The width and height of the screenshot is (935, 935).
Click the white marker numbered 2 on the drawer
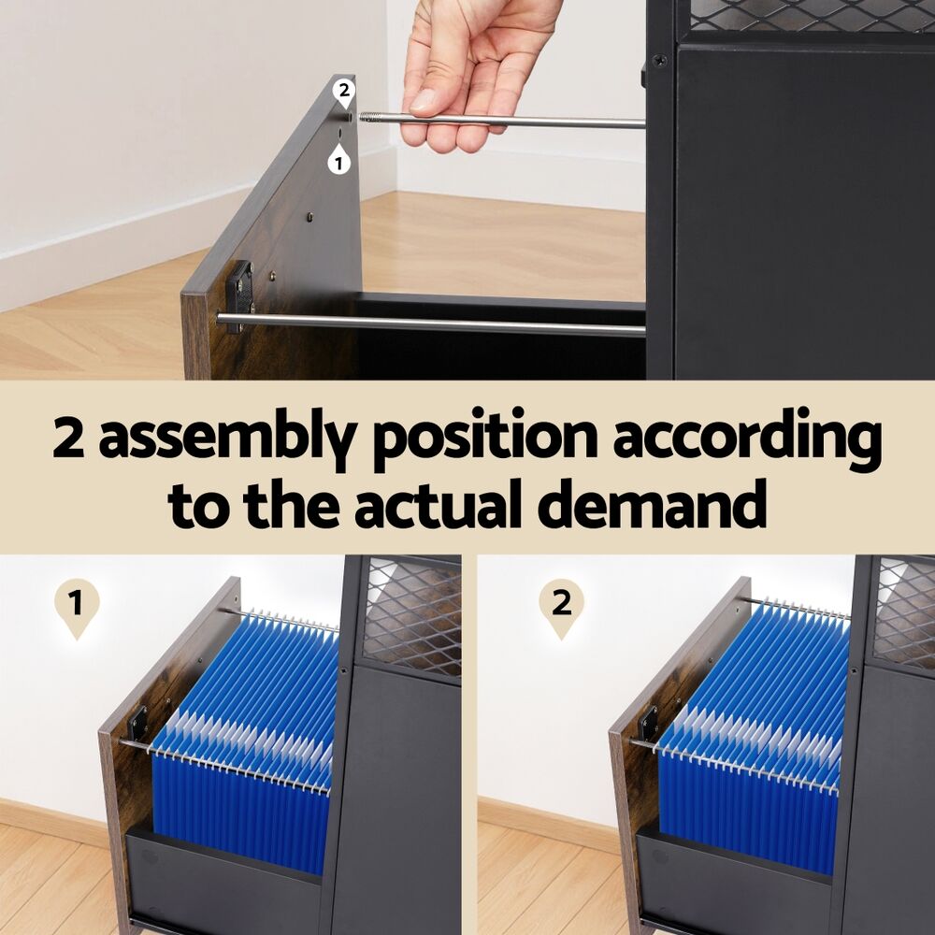344,93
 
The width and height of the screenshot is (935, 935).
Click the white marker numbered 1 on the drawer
338,160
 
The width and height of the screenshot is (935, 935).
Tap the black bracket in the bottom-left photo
137,724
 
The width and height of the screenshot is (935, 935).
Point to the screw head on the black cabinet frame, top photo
659,60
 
